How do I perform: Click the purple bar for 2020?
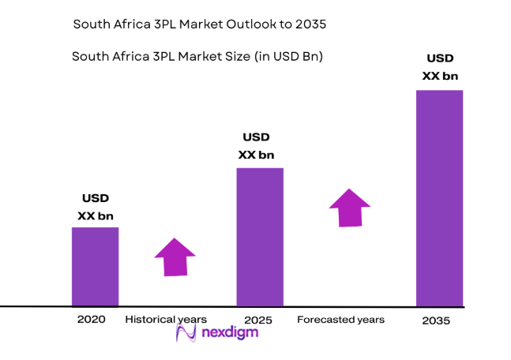(95, 266)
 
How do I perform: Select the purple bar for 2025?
(260, 236)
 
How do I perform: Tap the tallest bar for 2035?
(439, 197)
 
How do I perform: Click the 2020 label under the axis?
(91, 320)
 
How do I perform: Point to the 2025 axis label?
(258, 320)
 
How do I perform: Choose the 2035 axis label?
(435, 321)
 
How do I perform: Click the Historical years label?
(166, 320)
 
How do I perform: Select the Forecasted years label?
(340, 320)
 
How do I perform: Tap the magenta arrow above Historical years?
(175, 257)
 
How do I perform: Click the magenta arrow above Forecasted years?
(350, 208)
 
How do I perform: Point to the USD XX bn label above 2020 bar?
(96, 207)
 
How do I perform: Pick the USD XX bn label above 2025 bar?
(256, 146)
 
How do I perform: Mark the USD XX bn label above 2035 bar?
(440, 67)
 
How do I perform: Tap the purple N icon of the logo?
(186, 333)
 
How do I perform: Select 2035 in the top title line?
(310, 24)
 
